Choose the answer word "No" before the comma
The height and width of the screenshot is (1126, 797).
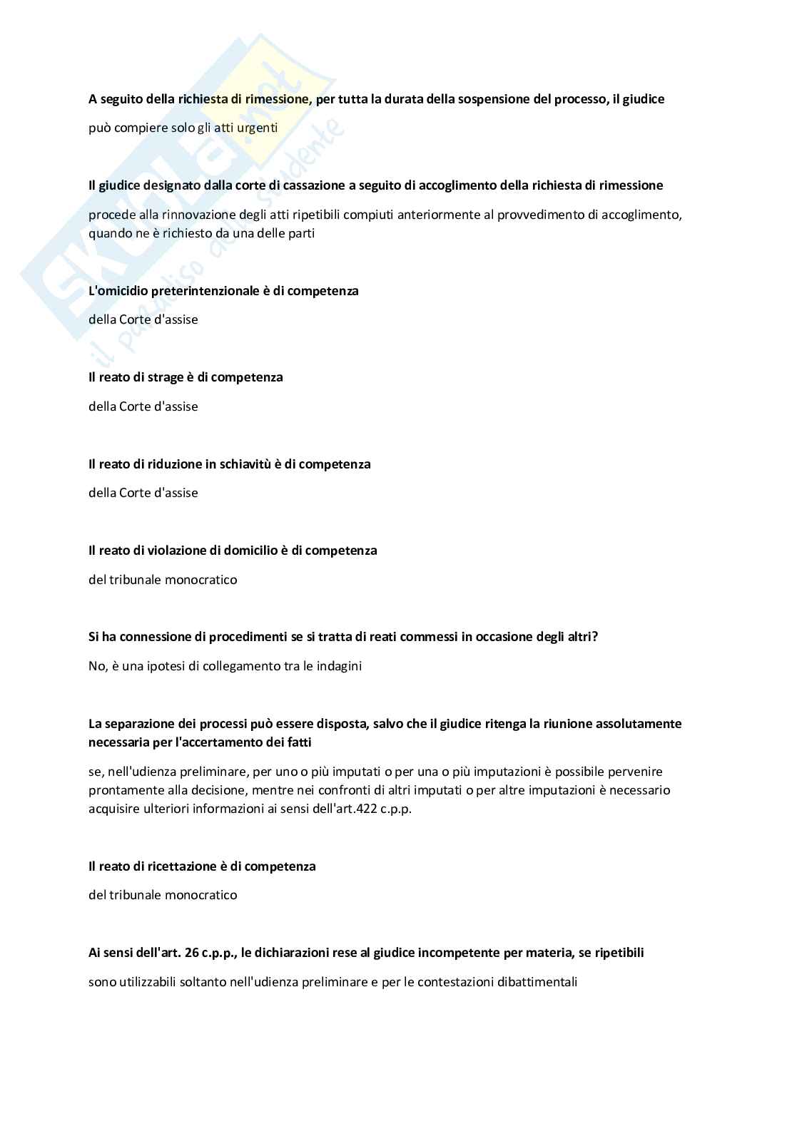[96, 666]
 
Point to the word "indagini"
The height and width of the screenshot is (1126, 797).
[340, 666]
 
